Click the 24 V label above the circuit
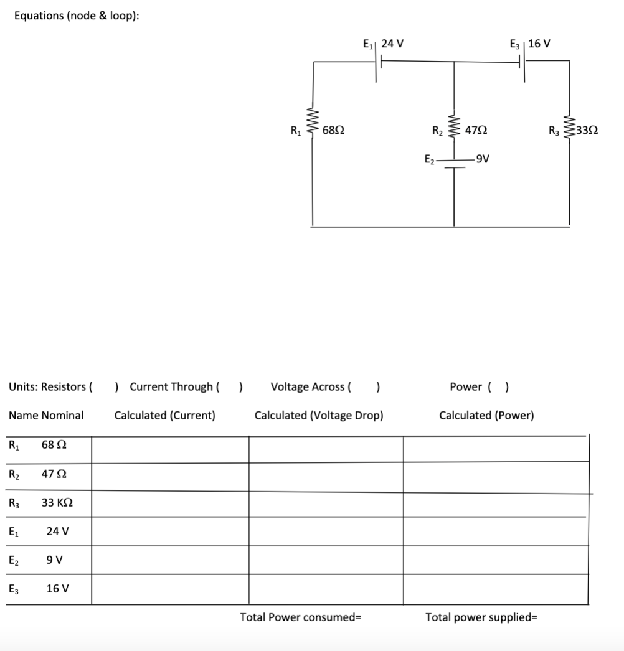pyautogui.click(x=392, y=44)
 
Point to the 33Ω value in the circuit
pyautogui.click(x=587, y=131)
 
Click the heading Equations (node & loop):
pyautogui.click(x=77, y=16)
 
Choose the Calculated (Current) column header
pyautogui.click(x=165, y=415)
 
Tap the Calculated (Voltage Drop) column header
pyautogui.click(x=319, y=415)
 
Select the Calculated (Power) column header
pyautogui.click(x=486, y=415)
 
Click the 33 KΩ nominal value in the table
pyautogui.click(x=57, y=503)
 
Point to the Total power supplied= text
pyautogui.click(x=481, y=617)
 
